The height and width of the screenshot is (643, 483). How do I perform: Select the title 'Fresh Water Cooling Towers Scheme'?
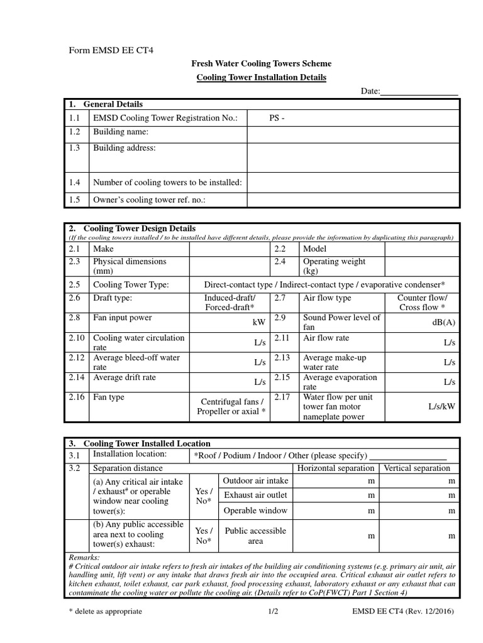pos(261,64)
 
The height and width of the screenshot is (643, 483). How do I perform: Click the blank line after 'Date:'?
pos(419,92)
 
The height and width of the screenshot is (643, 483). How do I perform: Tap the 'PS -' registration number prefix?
pos(277,118)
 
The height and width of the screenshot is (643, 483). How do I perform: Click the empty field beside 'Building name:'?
pos(352,132)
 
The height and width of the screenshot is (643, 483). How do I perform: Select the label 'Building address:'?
pos(124,148)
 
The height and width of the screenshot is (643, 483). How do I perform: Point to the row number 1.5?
pos(75,200)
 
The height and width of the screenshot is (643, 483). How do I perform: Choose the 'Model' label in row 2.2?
pos(316,249)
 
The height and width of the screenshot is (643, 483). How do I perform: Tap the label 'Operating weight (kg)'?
pos(333,266)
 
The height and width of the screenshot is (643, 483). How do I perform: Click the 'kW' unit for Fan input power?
pos(258,321)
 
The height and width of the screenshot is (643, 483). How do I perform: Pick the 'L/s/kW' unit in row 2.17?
pos(441,407)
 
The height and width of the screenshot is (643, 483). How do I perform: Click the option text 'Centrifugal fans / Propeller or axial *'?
pos(233,407)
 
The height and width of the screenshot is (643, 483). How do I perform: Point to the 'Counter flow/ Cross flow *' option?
pos(422,303)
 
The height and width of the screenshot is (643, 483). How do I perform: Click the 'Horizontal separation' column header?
pos(336,468)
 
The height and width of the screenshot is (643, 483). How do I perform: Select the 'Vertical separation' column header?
pos(417,468)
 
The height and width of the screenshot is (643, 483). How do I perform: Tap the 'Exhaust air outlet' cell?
pos(255,495)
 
